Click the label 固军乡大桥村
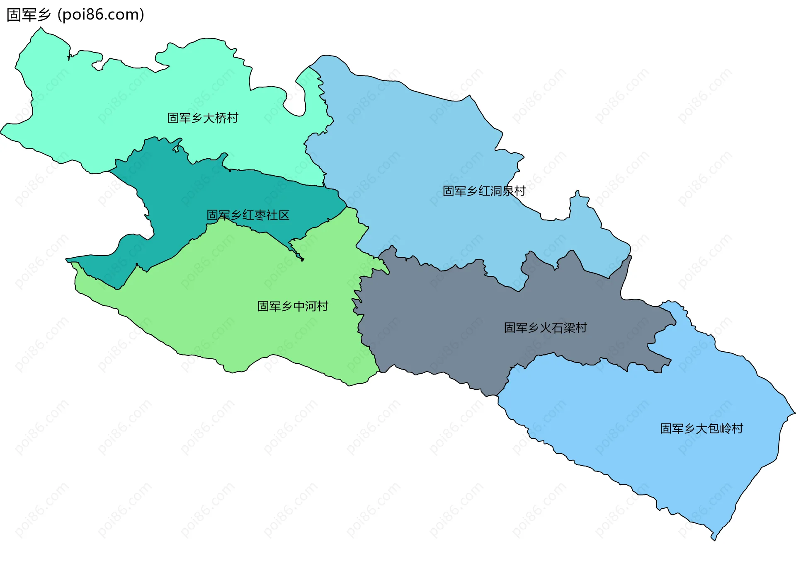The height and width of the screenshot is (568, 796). click(203, 118)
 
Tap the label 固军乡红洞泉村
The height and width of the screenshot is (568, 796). click(484, 191)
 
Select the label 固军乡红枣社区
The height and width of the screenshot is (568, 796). click(248, 215)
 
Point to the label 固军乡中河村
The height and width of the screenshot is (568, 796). click(293, 306)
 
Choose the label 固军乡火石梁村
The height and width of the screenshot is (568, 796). click(545, 328)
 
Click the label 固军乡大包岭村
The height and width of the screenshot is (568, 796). click(701, 428)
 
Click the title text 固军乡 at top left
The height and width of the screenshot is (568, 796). click(29, 15)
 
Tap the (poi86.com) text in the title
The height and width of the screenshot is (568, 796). click(101, 15)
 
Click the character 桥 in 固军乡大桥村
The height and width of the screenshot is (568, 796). click(221, 118)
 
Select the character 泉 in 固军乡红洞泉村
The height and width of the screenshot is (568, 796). click(508, 191)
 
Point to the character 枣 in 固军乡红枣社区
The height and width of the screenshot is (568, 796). click(260, 215)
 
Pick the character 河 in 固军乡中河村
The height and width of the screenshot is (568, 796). click(311, 306)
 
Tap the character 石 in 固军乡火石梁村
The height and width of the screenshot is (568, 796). click(557, 328)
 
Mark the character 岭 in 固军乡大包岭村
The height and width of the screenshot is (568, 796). click(726, 428)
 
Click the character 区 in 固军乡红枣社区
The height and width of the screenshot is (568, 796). click(284, 215)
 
